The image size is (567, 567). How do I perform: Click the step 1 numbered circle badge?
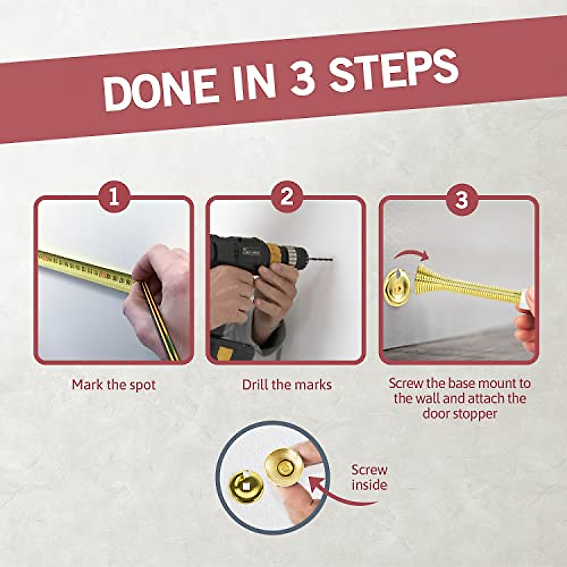click(x=114, y=197)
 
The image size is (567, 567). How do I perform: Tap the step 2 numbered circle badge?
click(x=287, y=197)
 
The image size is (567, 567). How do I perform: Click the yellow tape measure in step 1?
click(x=85, y=270)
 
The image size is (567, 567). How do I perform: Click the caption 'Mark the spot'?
click(x=114, y=385)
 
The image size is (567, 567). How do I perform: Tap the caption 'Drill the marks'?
click(x=287, y=385)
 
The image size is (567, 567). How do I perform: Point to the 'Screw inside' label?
click(x=369, y=477)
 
